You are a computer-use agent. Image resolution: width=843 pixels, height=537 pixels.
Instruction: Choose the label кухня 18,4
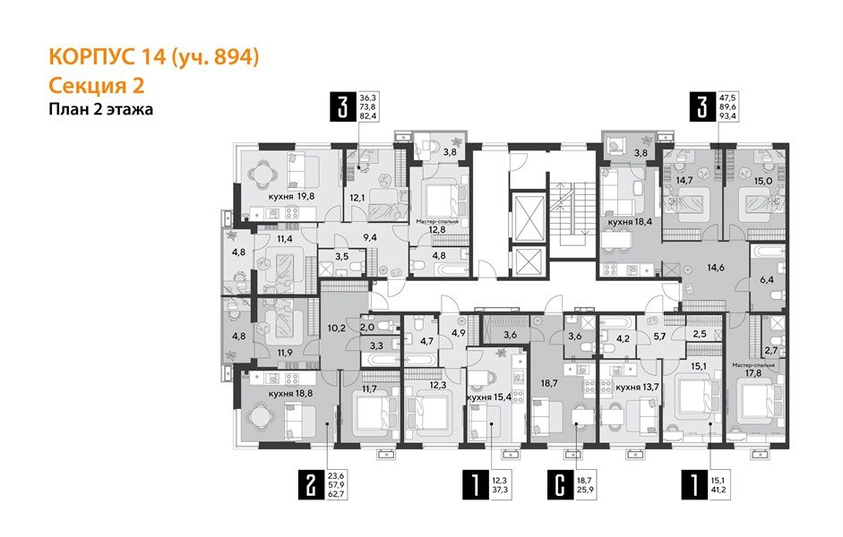(x=632, y=220)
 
